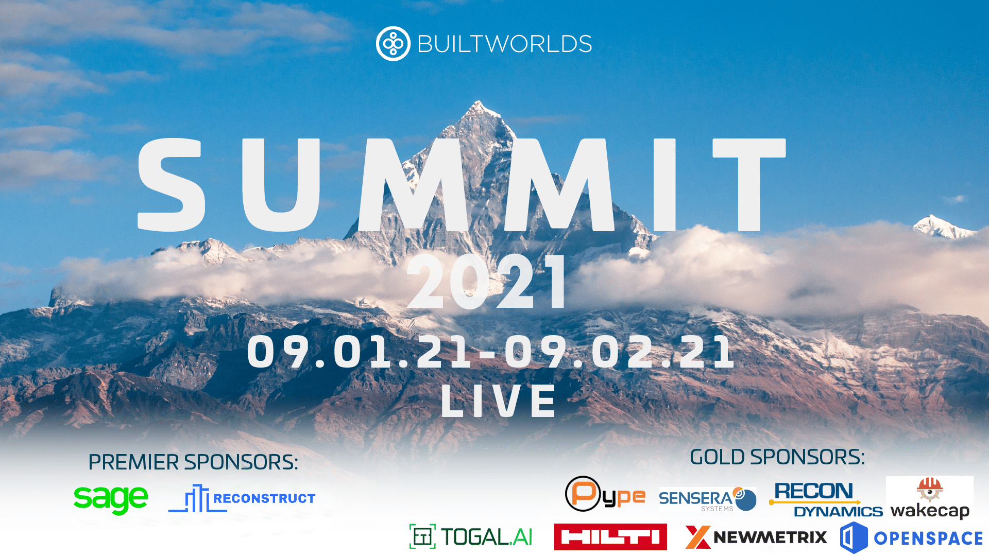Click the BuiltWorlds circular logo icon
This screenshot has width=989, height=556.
pyautogui.click(x=393, y=44)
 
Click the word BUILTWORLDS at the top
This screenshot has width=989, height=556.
pyautogui.click(x=504, y=44)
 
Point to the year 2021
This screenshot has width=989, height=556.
pyautogui.click(x=487, y=283)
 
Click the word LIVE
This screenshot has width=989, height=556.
pyautogui.click(x=499, y=401)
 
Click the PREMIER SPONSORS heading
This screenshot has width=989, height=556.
pyautogui.click(x=193, y=462)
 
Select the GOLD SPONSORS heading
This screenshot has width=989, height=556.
pyautogui.click(x=777, y=457)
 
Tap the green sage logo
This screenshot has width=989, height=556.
pyautogui.click(x=111, y=498)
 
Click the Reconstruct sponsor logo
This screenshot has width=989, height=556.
pyautogui.click(x=242, y=498)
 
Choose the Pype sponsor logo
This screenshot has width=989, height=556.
pyautogui.click(x=605, y=494)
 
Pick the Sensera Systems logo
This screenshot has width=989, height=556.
pyautogui.click(x=707, y=499)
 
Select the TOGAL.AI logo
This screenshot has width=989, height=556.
pyautogui.click(x=471, y=536)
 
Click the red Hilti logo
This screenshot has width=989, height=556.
pyautogui.click(x=610, y=537)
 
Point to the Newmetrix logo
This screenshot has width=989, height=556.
pyautogui.click(x=756, y=537)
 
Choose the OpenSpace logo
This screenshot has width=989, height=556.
pyautogui.click(x=911, y=537)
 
